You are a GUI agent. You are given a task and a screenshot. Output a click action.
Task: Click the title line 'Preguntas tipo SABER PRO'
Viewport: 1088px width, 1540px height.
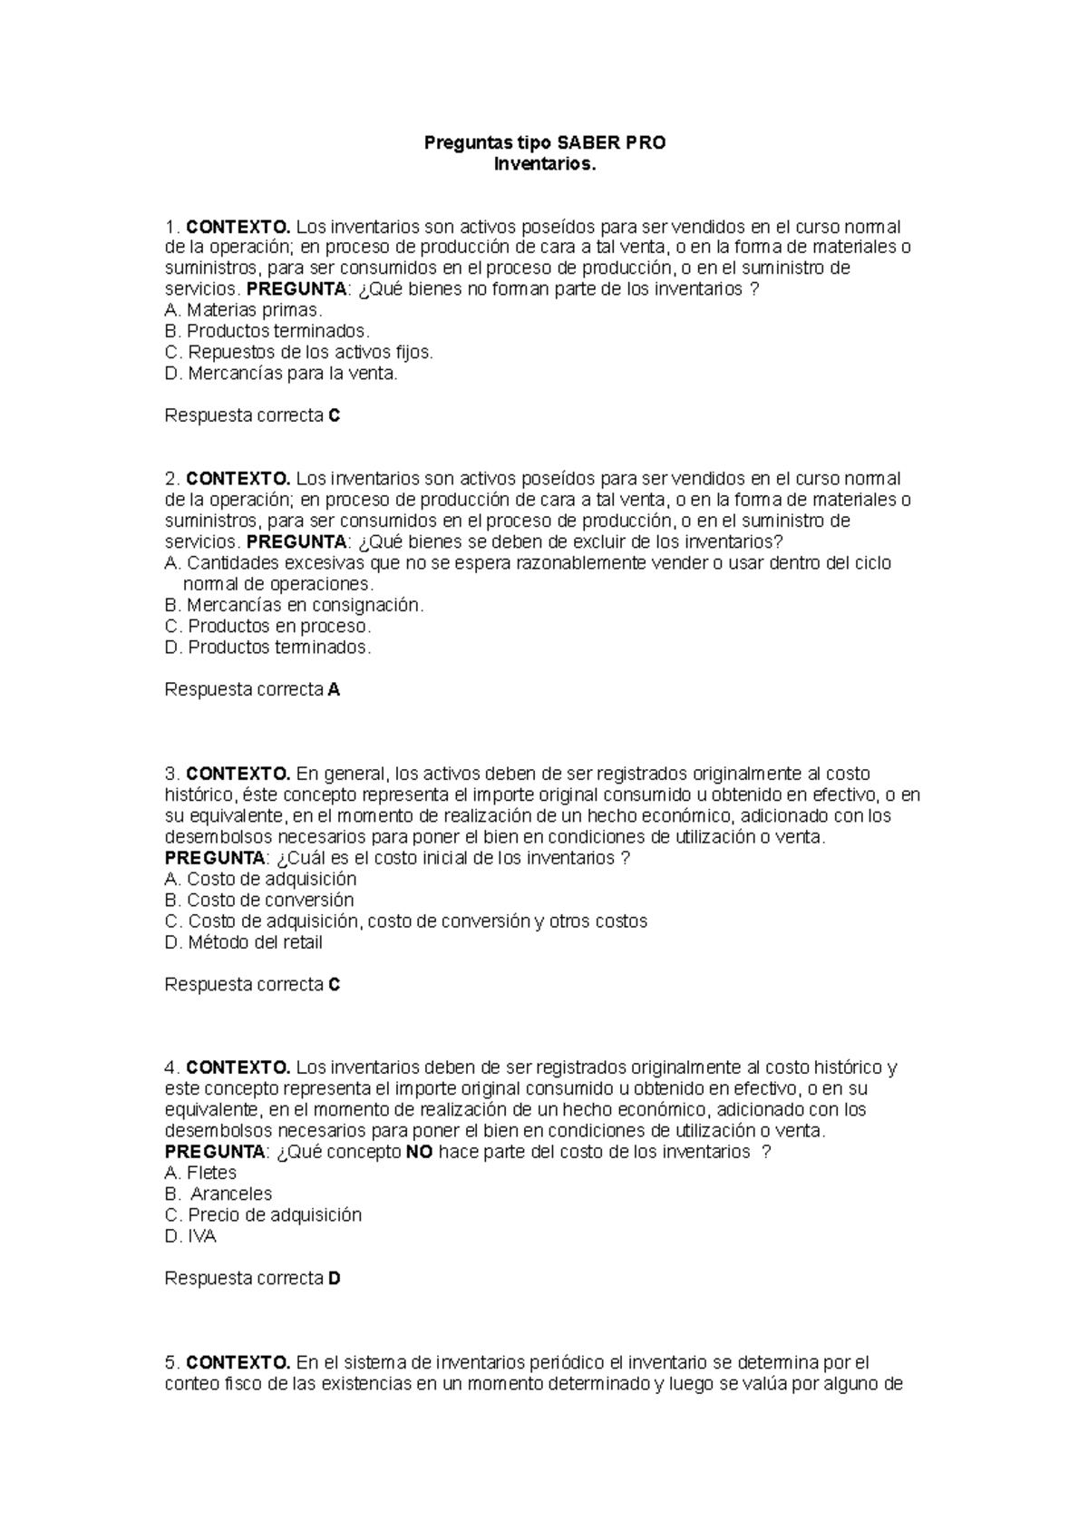(546, 142)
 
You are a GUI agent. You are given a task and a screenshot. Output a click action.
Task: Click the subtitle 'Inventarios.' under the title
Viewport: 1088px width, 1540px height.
(546, 164)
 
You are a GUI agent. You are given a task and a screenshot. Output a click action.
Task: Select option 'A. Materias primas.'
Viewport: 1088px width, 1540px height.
(243, 310)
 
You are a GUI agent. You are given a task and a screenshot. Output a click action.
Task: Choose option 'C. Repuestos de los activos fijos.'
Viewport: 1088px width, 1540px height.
(299, 352)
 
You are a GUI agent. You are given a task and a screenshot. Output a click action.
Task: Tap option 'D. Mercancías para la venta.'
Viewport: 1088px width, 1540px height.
(281, 373)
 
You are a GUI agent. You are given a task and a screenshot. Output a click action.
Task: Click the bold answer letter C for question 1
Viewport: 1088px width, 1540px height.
(334, 415)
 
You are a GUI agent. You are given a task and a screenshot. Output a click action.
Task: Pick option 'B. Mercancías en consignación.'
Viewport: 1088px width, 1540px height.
(294, 605)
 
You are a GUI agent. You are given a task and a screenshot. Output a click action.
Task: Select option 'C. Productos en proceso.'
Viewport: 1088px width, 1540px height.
(267, 626)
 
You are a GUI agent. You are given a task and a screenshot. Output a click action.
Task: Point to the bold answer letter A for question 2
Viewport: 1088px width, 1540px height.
(334, 689)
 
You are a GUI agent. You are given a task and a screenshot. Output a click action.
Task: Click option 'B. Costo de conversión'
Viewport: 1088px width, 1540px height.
(259, 900)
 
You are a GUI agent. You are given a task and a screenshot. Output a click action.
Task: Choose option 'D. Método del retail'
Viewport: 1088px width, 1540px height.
(243, 942)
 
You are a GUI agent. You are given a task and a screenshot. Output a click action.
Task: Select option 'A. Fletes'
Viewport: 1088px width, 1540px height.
(200, 1173)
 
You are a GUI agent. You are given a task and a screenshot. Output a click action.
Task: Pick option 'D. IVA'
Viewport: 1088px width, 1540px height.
(190, 1236)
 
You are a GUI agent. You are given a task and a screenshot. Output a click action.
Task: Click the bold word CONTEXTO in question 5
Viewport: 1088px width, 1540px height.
(238, 1362)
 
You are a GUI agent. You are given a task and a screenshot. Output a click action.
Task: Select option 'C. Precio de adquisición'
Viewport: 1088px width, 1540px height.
(263, 1214)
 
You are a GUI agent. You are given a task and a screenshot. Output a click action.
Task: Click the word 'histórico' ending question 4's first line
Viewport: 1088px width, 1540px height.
(849, 1067)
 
